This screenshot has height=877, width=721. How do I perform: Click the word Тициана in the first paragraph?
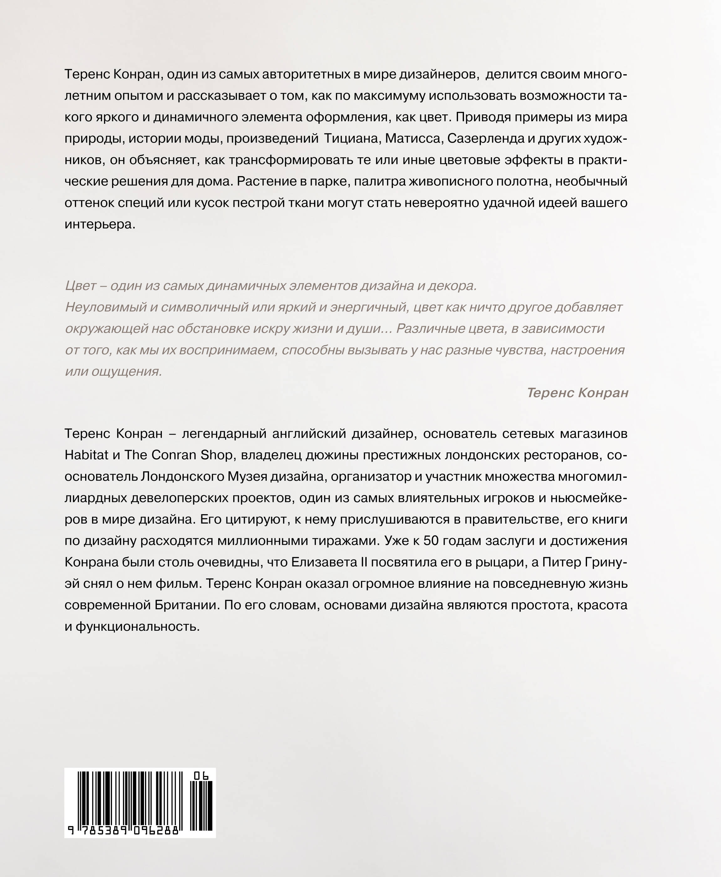(x=351, y=138)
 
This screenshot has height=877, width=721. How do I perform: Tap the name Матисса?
(x=413, y=138)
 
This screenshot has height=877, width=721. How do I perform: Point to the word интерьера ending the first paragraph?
(x=100, y=224)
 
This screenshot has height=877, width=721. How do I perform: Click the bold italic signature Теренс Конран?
(x=577, y=393)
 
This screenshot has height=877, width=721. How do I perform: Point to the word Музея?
(x=247, y=476)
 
